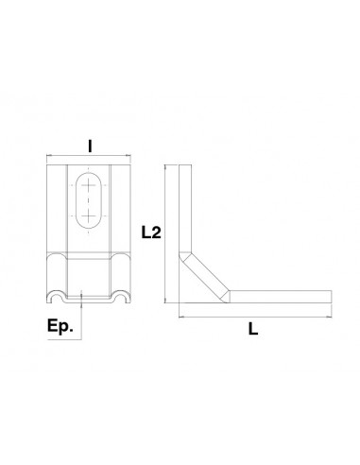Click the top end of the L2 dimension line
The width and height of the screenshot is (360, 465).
[166, 164]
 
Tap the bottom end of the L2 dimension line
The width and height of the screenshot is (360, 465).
[166, 302]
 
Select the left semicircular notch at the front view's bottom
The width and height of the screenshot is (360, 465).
[60, 300]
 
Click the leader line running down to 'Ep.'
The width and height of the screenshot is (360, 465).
[83, 317]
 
